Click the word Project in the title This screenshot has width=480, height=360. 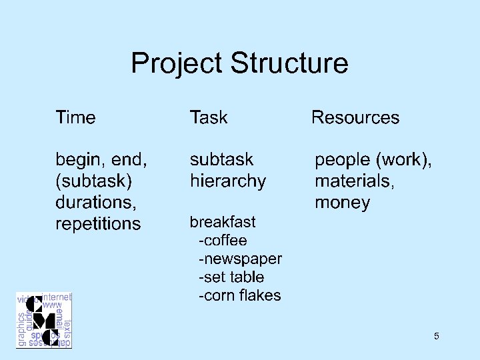(x=177, y=64)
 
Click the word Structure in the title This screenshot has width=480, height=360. (x=289, y=64)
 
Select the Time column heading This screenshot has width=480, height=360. (x=75, y=118)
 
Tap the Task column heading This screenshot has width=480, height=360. (x=209, y=118)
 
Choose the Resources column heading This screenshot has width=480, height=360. (x=355, y=118)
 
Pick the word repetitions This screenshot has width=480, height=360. (x=98, y=223)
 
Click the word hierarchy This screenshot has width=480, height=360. (x=228, y=181)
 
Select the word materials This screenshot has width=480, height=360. (x=354, y=181)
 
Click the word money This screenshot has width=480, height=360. (x=342, y=202)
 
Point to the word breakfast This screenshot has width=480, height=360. (x=223, y=221)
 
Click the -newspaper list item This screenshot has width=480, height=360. (x=240, y=259)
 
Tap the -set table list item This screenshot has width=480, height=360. (x=231, y=277)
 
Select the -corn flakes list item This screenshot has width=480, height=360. (x=239, y=295)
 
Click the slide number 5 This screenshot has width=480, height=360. (x=436, y=336)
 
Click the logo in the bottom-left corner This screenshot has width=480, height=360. (x=44, y=319)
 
